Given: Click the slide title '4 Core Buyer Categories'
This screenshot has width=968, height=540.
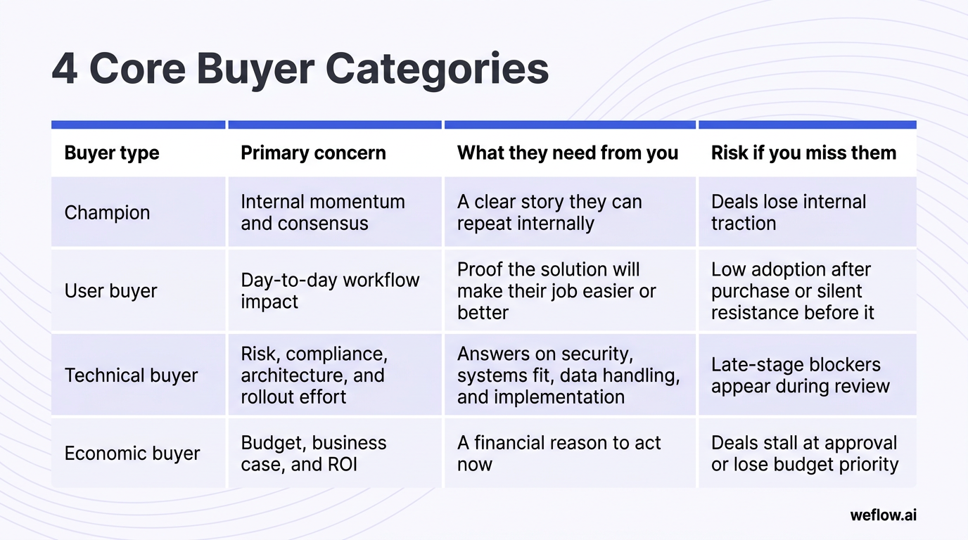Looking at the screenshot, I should pyautogui.click(x=300, y=69).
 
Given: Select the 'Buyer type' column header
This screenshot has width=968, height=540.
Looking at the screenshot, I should pyautogui.click(x=112, y=153).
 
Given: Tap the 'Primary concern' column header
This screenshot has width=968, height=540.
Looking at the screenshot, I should pyautogui.click(x=313, y=153).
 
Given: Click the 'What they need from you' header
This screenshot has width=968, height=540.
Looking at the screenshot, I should pyautogui.click(x=568, y=153).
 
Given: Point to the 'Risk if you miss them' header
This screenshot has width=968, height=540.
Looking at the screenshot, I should pyautogui.click(x=803, y=153).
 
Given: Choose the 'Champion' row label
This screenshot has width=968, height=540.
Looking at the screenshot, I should pyautogui.click(x=107, y=213).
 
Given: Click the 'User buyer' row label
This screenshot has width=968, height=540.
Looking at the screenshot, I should pyautogui.click(x=110, y=291).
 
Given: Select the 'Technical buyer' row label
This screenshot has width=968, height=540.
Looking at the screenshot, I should pyautogui.click(x=131, y=375).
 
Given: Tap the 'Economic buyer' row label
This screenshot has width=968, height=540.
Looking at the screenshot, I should pyautogui.click(x=132, y=454).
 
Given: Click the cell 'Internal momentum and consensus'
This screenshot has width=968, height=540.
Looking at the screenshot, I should pyautogui.click(x=322, y=212).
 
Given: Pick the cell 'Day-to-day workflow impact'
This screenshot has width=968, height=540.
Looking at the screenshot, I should pyautogui.click(x=329, y=290).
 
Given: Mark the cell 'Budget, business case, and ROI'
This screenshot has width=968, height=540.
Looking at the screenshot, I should pyautogui.click(x=313, y=454).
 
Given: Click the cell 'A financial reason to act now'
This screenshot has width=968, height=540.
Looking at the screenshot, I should pyautogui.click(x=559, y=454).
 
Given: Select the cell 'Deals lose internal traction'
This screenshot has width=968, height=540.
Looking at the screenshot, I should pyautogui.click(x=788, y=212).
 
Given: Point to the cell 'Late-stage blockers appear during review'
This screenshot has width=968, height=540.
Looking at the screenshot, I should pyautogui.click(x=800, y=375).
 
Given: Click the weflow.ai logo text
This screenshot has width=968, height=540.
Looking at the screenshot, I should pyautogui.click(x=883, y=515).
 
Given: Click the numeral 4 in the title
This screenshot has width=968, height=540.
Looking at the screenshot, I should pyautogui.click(x=65, y=69).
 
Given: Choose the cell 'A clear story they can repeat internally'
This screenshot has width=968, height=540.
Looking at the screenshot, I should pyautogui.click(x=549, y=212).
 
